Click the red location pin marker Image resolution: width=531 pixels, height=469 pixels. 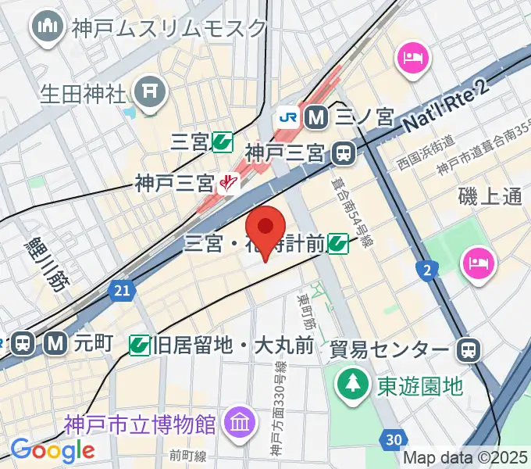click(x=265, y=228)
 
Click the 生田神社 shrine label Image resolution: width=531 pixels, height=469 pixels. click(x=83, y=95)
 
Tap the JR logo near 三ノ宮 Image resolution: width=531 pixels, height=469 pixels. click(x=287, y=117)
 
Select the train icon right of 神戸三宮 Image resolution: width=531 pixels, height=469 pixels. click(x=343, y=152)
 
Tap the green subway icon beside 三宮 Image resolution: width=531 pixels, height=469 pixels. click(x=223, y=141)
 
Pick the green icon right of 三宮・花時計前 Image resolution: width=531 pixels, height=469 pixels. click(x=338, y=245)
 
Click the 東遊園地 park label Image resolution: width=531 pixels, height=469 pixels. click(x=421, y=385)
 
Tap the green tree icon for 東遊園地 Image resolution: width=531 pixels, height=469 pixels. click(x=353, y=384)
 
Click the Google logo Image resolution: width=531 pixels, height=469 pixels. click(x=52, y=450)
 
